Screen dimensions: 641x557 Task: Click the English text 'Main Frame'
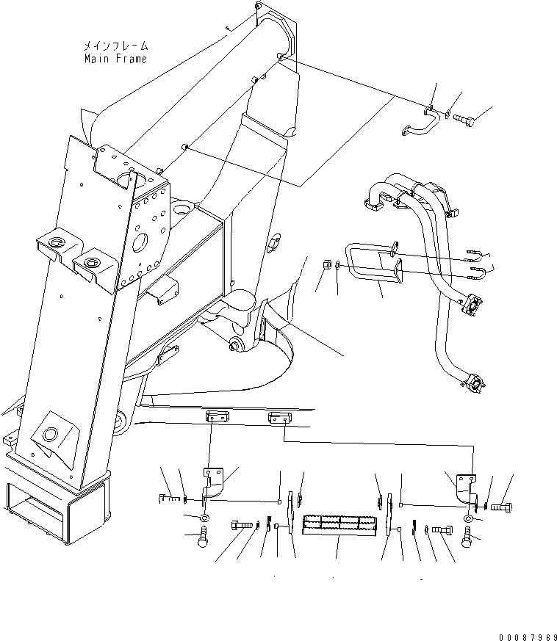point(115,59)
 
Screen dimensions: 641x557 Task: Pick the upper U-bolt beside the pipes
point(474,257)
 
